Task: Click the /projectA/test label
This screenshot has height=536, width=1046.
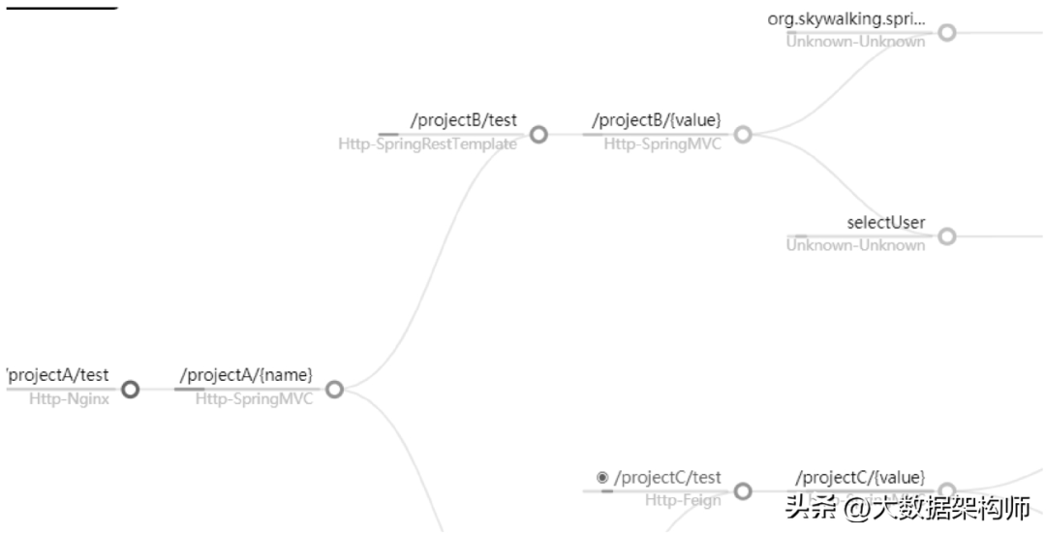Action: [x=58, y=374]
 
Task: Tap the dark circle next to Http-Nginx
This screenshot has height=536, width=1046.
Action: [x=130, y=390]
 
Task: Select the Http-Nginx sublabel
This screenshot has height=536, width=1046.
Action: [x=69, y=398]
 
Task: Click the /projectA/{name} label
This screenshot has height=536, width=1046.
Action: [x=246, y=374]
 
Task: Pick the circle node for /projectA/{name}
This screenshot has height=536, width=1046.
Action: [x=334, y=390]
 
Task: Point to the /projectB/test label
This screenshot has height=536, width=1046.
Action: [x=463, y=120]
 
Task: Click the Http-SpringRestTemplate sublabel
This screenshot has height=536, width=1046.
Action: [x=427, y=144]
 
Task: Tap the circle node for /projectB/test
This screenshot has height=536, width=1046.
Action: [x=538, y=135]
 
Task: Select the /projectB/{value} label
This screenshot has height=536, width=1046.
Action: [x=656, y=120]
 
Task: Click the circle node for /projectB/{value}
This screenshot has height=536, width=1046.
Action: [x=743, y=135]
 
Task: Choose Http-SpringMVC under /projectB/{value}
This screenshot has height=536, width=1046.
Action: [x=662, y=144]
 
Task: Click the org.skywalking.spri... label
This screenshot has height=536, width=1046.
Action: [x=846, y=18]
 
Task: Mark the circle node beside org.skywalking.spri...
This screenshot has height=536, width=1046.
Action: [x=947, y=32]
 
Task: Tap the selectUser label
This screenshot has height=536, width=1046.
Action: [x=885, y=222]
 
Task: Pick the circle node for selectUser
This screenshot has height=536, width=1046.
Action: [x=947, y=236]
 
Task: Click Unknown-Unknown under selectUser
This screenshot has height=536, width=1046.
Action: [x=855, y=245]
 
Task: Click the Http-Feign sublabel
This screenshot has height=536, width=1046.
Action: [x=683, y=500]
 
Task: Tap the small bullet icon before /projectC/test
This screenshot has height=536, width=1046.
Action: [x=602, y=477]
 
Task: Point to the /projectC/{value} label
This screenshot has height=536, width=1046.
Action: [x=859, y=477]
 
